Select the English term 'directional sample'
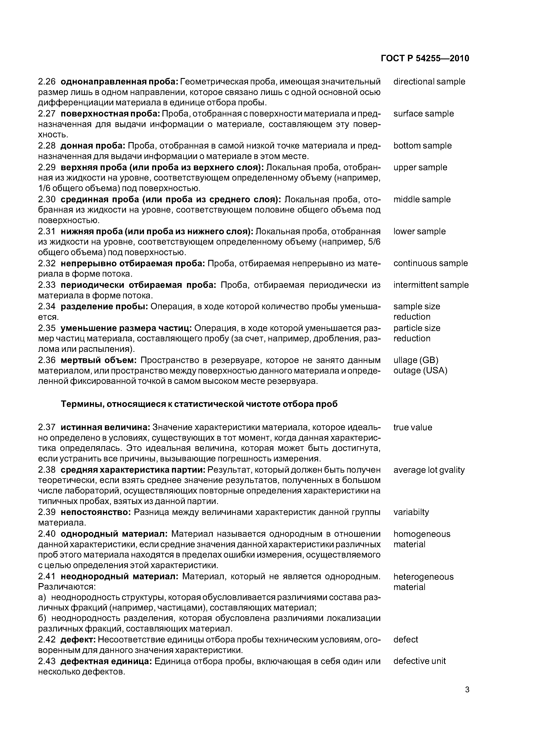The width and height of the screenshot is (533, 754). [x=429, y=81]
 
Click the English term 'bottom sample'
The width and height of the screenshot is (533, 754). [x=422, y=146]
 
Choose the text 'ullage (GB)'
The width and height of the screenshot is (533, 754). [x=416, y=360]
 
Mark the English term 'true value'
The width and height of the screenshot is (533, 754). [x=412, y=427]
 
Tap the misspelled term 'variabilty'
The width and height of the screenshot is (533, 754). [x=411, y=512]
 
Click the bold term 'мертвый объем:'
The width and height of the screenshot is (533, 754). [x=98, y=360]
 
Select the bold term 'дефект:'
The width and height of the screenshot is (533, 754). [x=78, y=639]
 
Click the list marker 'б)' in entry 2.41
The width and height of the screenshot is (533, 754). [x=42, y=618]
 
